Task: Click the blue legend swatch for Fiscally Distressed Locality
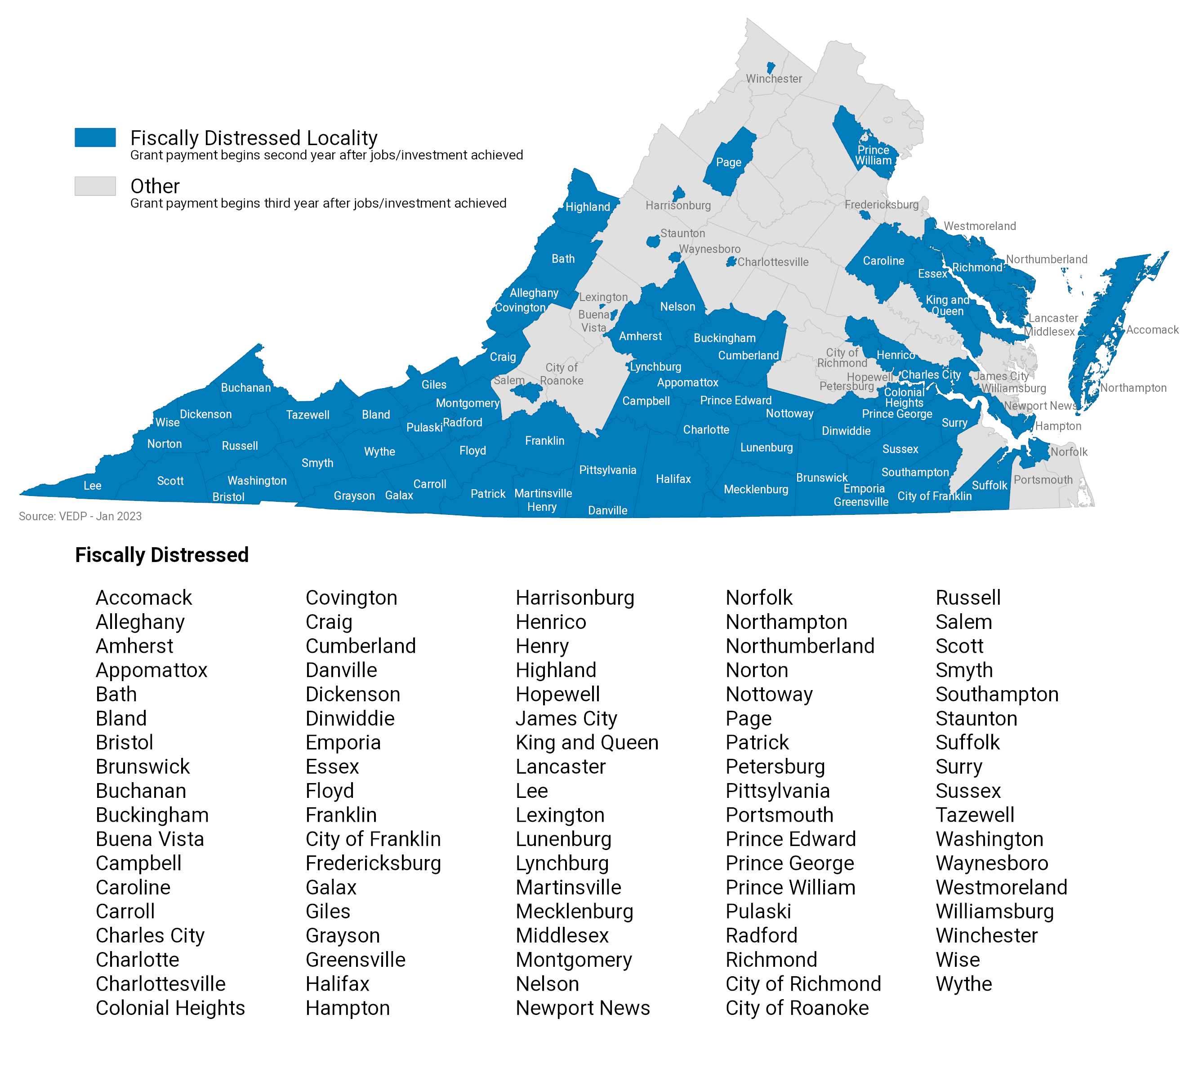pyautogui.click(x=95, y=137)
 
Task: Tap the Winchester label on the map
pyautogui.click(x=774, y=79)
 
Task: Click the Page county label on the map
pyautogui.click(x=729, y=162)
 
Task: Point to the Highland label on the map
pyautogui.click(x=587, y=207)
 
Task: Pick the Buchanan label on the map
pyautogui.click(x=246, y=388)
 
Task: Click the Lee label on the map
pyautogui.click(x=92, y=485)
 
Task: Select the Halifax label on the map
pyautogui.click(x=673, y=479)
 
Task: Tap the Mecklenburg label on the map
pyautogui.click(x=756, y=489)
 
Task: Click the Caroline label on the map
pyautogui.click(x=883, y=261)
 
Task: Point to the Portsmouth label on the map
pyautogui.click(x=1043, y=479)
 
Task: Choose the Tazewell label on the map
pyautogui.click(x=308, y=415)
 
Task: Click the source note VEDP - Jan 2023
pyautogui.click(x=80, y=516)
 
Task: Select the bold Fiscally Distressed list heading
pyautogui.click(x=162, y=554)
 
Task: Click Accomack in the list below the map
pyautogui.click(x=144, y=598)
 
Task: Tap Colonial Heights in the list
pyautogui.click(x=170, y=1008)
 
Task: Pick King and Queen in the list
pyautogui.click(x=587, y=742)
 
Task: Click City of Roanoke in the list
pyautogui.click(x=797, y=1008)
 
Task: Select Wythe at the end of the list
pyautogui.click(x=963, y=984)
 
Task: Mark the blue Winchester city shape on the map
pyautogui.click(x=771, y=67)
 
